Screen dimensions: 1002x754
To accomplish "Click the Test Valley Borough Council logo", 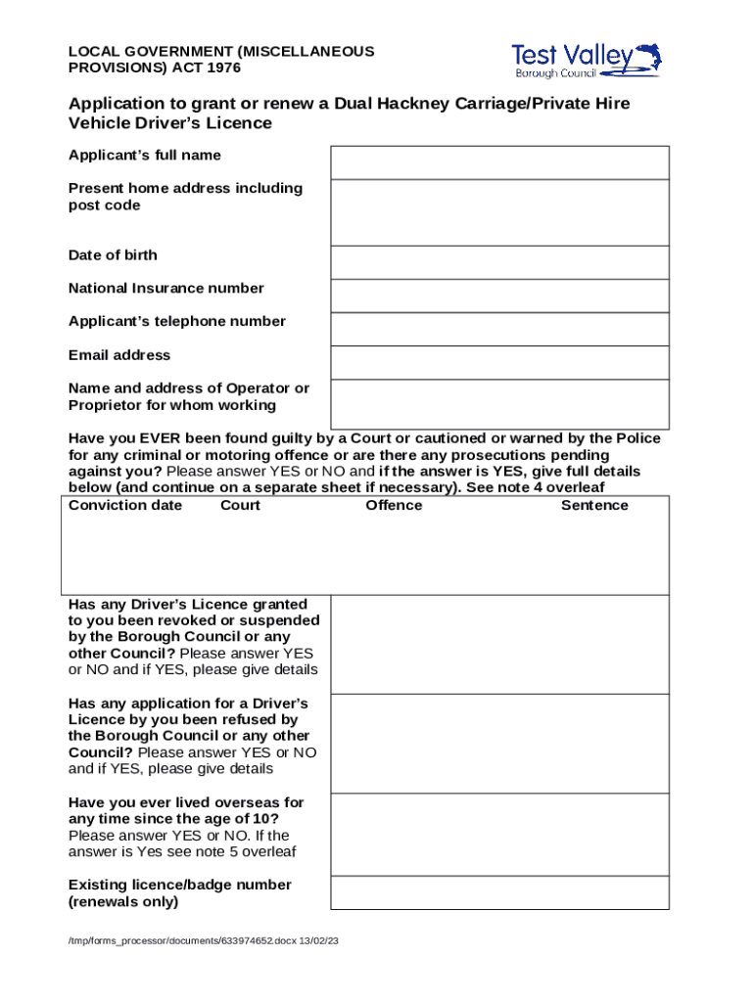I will (x=586, y=60).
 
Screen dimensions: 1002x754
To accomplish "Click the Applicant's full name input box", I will (x=499, y=162).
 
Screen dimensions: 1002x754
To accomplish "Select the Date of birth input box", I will (x=499, y=262).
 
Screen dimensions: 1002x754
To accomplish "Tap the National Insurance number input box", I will (x=499, y=296).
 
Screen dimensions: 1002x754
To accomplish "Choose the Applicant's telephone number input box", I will (x=499, y=329).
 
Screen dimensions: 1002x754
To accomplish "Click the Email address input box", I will (x=499, y=362).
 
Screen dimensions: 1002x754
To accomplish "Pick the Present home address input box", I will (x=499, y=212).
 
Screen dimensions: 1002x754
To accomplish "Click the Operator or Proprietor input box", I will (x=499, y=403).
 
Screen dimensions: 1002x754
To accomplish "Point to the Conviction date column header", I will (x=125, y=505).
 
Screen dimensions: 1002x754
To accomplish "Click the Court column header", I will (x=240, y=505).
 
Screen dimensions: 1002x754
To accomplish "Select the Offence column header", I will (x=394, y=505).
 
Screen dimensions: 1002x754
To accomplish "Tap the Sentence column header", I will (x=594, y=505).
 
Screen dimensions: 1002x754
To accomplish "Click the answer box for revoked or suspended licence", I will (x=499, y=644).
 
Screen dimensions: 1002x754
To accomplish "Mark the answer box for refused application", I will (x=499, y=744).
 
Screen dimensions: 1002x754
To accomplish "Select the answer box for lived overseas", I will (x=499, y=835).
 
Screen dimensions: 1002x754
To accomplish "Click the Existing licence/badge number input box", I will (x=499, y=893).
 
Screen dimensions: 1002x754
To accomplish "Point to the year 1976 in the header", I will (x=221, y=68).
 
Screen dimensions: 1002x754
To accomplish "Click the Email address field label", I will (x=119, y=355).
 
